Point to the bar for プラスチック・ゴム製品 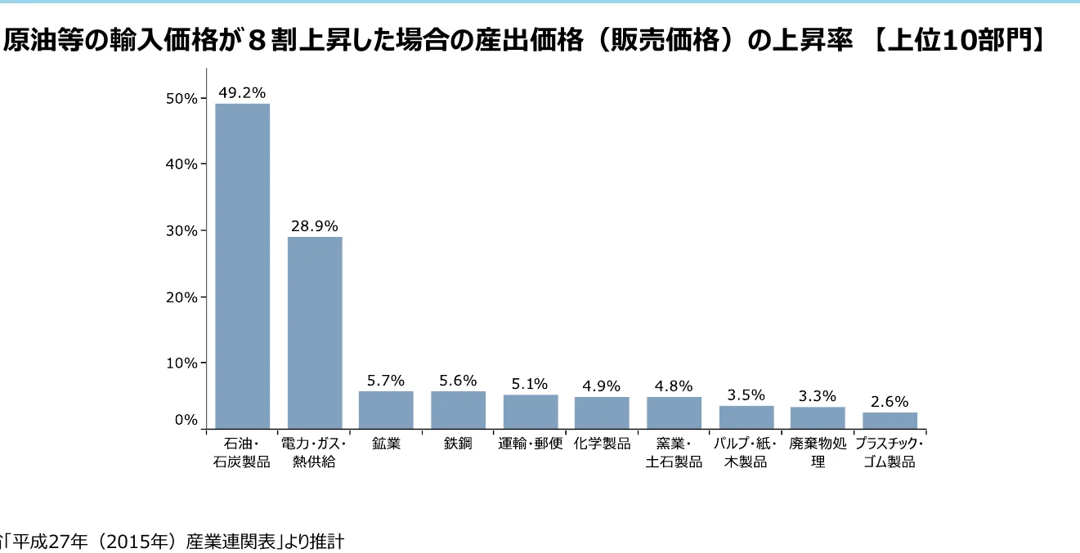point(890,420)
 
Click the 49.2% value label point(242,92)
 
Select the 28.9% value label point(314,225)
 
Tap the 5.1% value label point(530,383)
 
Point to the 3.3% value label point(818,395)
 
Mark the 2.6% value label point(890,401)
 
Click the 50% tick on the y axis point(181,99)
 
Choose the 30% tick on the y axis point(181,231)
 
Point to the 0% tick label point(185,420)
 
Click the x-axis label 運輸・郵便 point(531,444)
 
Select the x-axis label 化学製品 point(602,444)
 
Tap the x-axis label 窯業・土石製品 point(674,453)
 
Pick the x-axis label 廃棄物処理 point(818,453)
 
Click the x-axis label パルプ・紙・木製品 point(746,453)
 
